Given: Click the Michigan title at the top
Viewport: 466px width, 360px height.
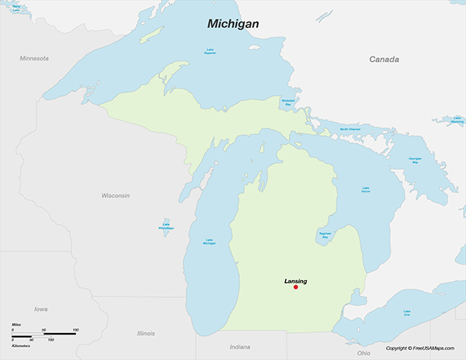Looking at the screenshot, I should pyautogui.click(x=232, y=24).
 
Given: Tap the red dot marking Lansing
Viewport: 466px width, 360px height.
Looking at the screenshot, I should pyautogui.click(x=296, y=288).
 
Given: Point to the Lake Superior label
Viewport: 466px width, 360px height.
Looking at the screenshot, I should pyautogui.click(x=210, y=52).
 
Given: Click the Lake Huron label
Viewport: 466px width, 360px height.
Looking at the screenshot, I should pyautogui.click(x=366, y=189).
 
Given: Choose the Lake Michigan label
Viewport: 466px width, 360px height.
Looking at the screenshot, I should pyautogui.click(x=209, y=242).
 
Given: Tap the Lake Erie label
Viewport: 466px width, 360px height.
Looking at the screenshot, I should pyautogui.click(x=406, y=314).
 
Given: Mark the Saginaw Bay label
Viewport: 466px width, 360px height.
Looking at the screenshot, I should pyautogui.click(x=327, y=234).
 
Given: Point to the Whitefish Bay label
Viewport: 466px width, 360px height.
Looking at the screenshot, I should pyautogui.click(x=287, y=101).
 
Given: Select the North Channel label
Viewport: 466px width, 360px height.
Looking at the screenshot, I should pyautogui.click(x=350, y=130).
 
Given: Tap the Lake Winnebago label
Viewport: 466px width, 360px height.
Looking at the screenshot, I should pyautogui.click(x=165, y=227).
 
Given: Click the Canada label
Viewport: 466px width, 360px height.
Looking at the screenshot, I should pyautogui.click(x=384, y=60).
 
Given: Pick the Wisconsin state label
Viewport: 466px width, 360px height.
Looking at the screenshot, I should pyautogui.click(x=116, y=196).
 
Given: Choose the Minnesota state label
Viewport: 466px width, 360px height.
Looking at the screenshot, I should pyautogui.click(x=34, y=58).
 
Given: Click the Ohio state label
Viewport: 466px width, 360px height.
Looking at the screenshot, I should pyautogui.click(x=363, y=353).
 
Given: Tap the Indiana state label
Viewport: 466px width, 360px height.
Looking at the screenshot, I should pyautogui.click(x=240, y=346).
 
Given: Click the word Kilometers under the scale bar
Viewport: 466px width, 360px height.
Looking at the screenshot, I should pyautogui.click(x=22, y=345).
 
